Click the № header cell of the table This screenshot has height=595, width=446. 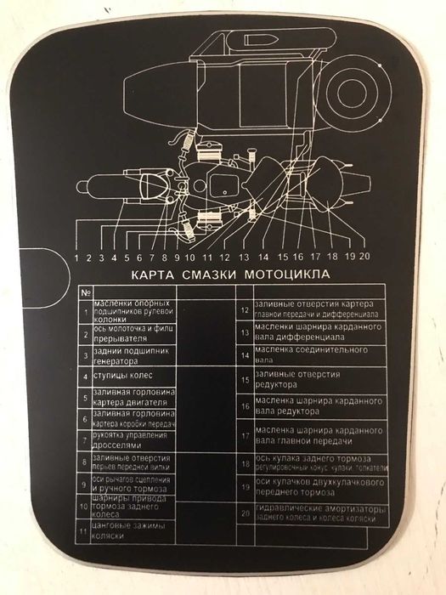click(x=85, y=292)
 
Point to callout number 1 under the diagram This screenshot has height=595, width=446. click(x=77, y=256)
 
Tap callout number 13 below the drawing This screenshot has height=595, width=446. click(x=244, y=256)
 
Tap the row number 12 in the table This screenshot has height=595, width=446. click(x=244, y=310)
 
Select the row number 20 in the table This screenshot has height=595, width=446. click(x=244, y=513)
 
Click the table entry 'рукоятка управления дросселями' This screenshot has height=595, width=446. click(x=127, y=439)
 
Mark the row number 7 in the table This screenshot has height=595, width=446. click(x=85, y=440)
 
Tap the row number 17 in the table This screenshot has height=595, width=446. click(x=244, y=435)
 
